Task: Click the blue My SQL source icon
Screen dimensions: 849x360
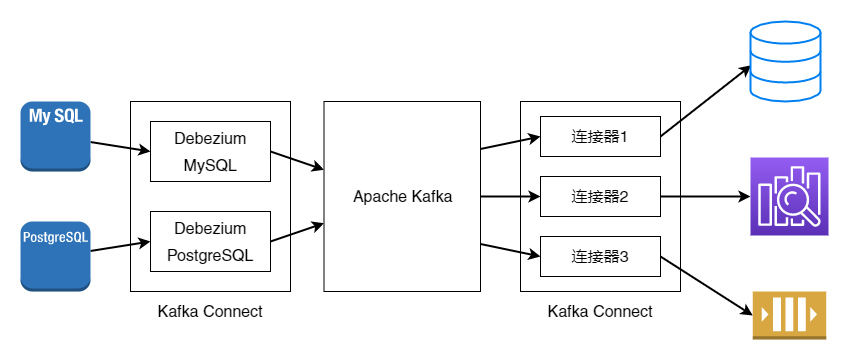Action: pos(55,136)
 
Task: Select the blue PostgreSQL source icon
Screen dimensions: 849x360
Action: pos(55,256)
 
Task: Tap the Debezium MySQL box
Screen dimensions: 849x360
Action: pos(210,152)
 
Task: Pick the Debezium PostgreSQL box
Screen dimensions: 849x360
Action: pos(210,241)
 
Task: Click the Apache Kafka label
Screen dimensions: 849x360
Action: pos(402,197)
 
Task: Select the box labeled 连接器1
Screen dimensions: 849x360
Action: pos(600,136)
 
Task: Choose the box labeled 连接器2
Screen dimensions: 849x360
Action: pos(600,197)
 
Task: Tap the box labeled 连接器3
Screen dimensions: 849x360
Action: pos(600,257)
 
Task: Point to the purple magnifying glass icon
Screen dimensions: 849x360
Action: pos(789,197)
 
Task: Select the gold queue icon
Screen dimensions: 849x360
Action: pos(789,315)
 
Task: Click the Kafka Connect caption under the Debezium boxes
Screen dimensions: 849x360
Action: pos(210,312)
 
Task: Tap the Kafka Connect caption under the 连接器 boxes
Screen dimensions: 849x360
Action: pos(600,312)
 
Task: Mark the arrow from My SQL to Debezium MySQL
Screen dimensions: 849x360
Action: pos(120,147)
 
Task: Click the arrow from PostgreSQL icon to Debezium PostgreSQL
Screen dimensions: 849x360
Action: pos(120,246)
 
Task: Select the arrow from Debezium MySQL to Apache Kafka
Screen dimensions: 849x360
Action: pos(297,161)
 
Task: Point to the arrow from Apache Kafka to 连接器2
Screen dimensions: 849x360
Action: pos(510,197)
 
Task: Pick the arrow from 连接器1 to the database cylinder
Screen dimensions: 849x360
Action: pos(706,101)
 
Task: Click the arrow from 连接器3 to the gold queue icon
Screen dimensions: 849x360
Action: pos(707,286)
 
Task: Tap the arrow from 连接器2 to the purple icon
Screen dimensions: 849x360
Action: pos(705,197)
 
